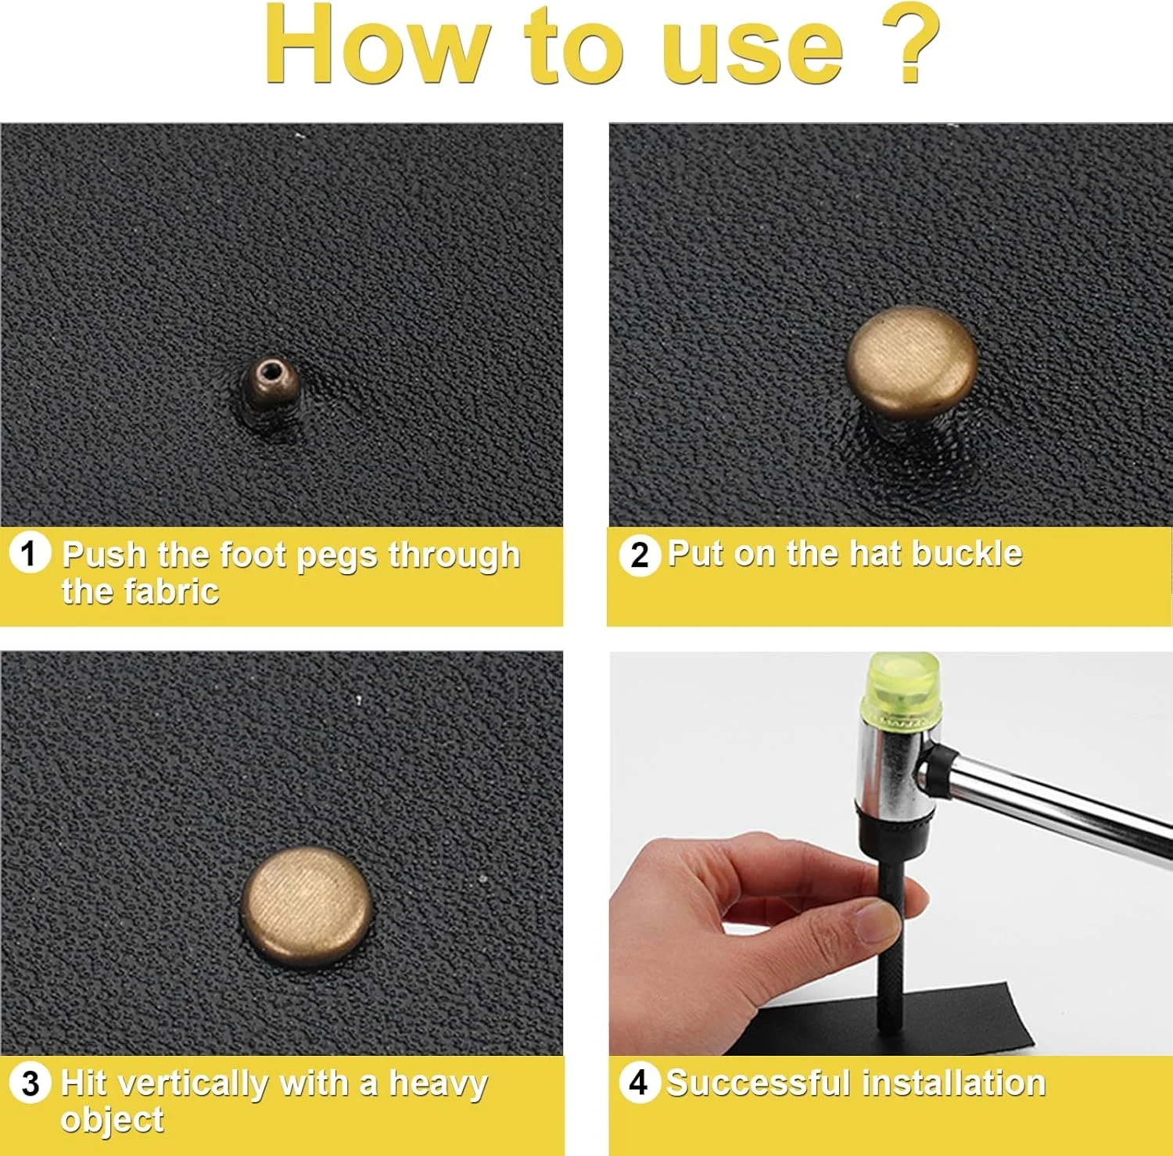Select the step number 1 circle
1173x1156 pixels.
point(30,554)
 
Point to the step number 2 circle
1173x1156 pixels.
point(640,555)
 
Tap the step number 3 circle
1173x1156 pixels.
point(30,1083)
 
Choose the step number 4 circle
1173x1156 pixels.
point(639,1083)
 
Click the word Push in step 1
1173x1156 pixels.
point(105,555)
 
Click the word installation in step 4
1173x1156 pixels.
point(954,1084)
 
